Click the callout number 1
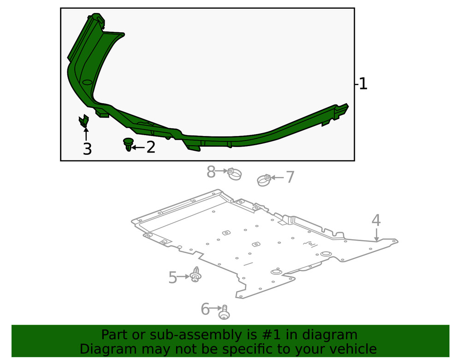tap(363, 84)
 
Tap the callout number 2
tap(150, 148)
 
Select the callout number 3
tap(87, 149)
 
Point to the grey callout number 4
tap(376, 220)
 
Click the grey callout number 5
tap(172, 277)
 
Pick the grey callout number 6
tap(205, 309)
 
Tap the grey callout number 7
tap(290, 177)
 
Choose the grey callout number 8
tap(211, 172)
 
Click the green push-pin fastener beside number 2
tap(128, 144)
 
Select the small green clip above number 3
tap(84, 122)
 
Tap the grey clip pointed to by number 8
tap(235, 174)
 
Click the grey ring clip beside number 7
tap(264, 180)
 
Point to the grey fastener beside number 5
tap(196, 275)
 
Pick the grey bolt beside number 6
tap(225, 312)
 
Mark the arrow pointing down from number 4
tap(377, 235)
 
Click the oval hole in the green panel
tap(87, 82)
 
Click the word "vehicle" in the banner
tap(352, 349)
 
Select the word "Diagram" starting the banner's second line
tap(108, 349)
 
